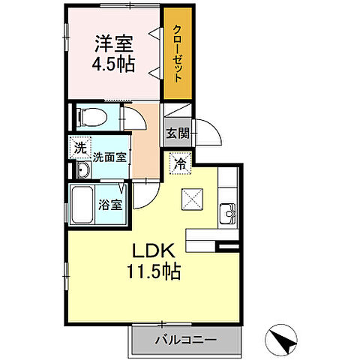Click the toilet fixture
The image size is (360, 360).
(x=89, y=116)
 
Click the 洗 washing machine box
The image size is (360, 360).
(x=80, y=148)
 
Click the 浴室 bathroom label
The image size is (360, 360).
(x=114, y=204)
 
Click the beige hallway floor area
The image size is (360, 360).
(x=146, y=142)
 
